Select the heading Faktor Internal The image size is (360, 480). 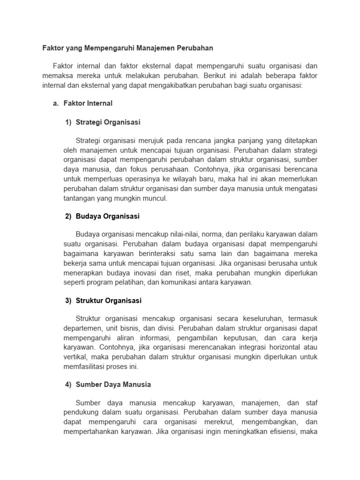point(89,103)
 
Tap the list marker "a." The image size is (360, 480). point(56,103)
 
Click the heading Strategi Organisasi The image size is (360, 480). point(108,122)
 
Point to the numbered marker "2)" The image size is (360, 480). point(68,217)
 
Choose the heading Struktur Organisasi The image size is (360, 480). point(108,300)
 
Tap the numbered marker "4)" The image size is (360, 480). point(68,384)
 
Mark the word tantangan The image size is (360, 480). point(79,198)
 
